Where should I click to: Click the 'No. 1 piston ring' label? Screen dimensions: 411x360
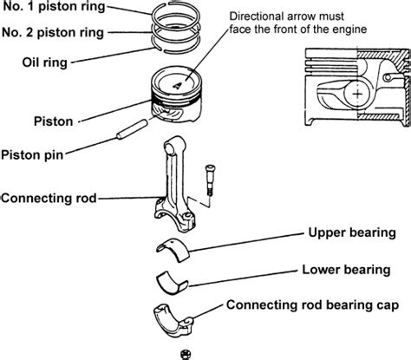54,6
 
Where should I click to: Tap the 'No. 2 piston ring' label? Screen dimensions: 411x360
53,32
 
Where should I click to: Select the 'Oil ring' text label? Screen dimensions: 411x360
45,62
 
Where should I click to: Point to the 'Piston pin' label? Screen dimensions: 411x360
32,154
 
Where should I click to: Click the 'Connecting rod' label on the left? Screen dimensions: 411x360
49,199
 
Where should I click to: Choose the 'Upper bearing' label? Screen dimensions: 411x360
352,232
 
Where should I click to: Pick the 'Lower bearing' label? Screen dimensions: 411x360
346,270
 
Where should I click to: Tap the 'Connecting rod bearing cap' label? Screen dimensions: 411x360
313,305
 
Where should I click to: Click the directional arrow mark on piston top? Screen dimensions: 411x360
177,85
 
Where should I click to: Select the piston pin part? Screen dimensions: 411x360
132,129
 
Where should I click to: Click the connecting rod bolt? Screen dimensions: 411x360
210,180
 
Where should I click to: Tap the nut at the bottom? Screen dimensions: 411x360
186,354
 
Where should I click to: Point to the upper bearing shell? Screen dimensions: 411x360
173,250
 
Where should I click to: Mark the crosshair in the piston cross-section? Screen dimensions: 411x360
357,94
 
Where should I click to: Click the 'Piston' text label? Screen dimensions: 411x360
54,121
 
